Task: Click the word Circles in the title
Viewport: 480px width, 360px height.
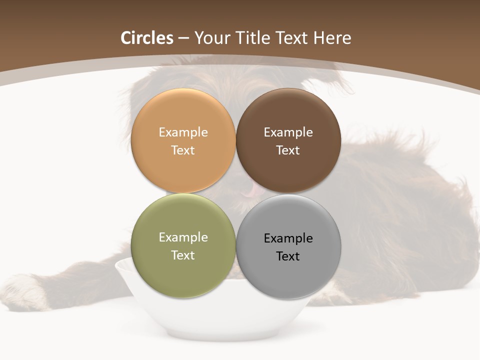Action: [x=147, y=38]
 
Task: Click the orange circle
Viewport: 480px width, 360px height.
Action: [x=183, y=115]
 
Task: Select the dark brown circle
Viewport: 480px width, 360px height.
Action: [x=288, y=115]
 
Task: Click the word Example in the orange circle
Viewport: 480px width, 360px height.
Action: [x=183, y=132]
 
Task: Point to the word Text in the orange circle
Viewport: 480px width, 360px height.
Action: [x=183, y=150]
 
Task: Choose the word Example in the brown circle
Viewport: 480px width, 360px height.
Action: [x=288, y=132]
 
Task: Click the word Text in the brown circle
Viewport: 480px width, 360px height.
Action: [x=288, y=150]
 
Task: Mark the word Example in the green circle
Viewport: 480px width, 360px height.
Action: [x=183, y=237]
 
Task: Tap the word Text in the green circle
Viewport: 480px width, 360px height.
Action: [x=183, y=255]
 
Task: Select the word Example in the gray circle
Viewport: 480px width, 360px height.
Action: [x=288, y=238]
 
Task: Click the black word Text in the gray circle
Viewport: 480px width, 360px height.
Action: [x=288, y=256]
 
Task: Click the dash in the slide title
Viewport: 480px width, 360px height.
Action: [x=183, y=38]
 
